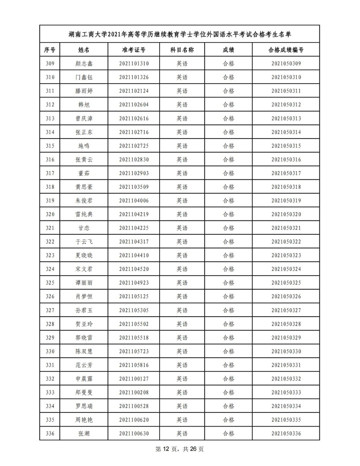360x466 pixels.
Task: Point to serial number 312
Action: [x=50, y=105]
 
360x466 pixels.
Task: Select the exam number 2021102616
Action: [x=134, y=118]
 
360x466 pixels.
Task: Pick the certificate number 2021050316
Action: [x=286, y=160]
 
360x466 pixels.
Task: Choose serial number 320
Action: [x=50, y=215]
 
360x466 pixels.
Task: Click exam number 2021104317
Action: [x=134, y=242]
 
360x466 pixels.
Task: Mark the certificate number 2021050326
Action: [x=286, y=297]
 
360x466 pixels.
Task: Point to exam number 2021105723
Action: [x=134, y=352]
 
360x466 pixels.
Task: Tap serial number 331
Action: [x=50, y=365]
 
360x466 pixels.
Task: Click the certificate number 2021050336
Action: [x=286, y=434]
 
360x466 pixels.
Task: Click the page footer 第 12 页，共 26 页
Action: [x=180, y=449]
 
